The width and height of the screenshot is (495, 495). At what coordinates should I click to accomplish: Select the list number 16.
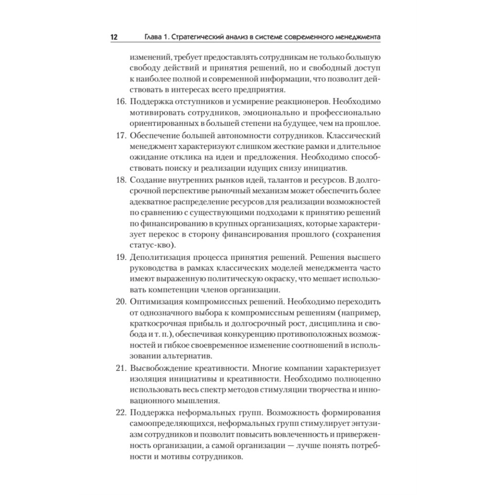coord(120,102)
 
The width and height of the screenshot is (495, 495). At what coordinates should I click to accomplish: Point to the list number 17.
coord(120,136)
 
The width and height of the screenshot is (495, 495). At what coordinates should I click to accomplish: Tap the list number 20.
coord(120,301)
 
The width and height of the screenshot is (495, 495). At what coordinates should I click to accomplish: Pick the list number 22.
coord(120,412)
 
